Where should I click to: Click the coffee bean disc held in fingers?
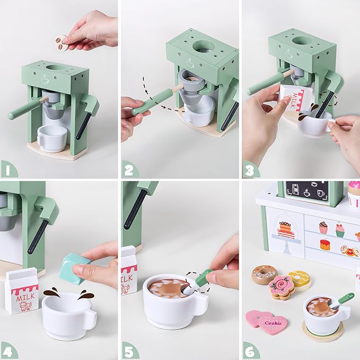pos(62,43)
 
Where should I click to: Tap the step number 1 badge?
pos(8,170)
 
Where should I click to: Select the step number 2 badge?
pos(129,170)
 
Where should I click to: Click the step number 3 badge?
pos(250,170)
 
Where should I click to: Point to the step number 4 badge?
pos(8,351)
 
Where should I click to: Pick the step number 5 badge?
pos(129,351)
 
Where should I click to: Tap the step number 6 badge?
pos(250,351)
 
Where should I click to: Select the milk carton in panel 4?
pos(22,291)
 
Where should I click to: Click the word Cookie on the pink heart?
pos(273,323)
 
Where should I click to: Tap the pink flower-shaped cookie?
pos(282,287)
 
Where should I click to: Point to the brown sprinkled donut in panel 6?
pos(264,274)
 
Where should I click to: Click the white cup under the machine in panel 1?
pos(52,139)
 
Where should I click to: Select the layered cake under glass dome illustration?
pos(286,230)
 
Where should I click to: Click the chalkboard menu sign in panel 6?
pos(307,192)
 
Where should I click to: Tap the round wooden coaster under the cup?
pos(322,331)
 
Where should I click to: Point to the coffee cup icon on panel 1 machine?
pos(45,79)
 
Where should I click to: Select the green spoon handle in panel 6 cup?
pos(346,297)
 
